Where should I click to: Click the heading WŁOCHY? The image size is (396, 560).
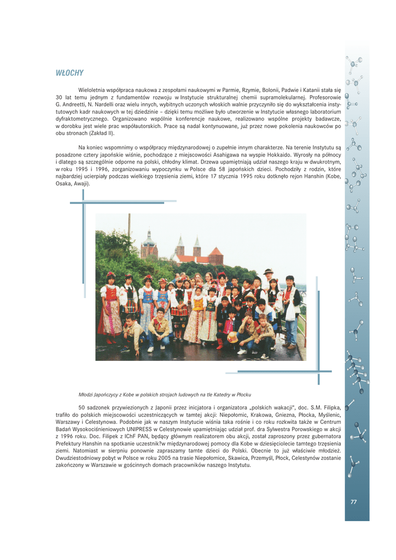tap(69, 73)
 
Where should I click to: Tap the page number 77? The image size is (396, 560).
tap(353, 501)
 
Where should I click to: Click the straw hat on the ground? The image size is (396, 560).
tap(232, 338)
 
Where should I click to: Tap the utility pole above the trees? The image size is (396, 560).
tap(129, 225)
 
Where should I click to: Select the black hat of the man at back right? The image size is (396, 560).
tap(267, 271)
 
